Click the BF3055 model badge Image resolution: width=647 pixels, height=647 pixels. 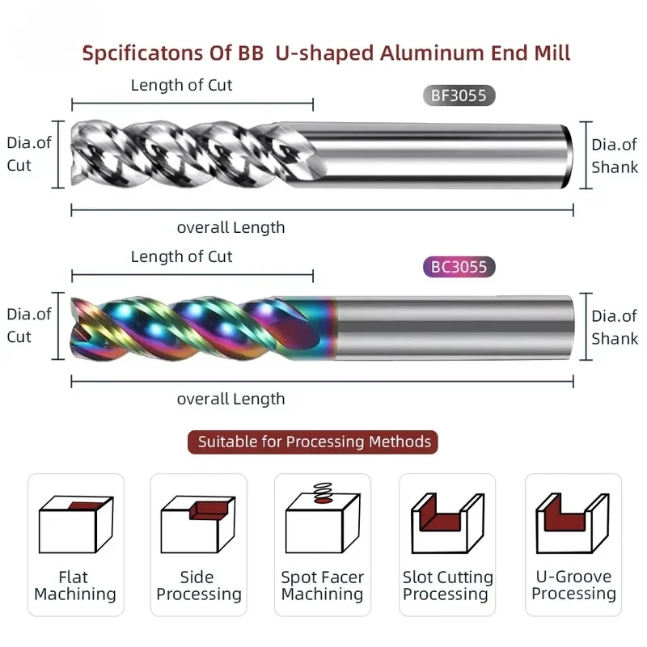pyautogui.click(x=459, y=95)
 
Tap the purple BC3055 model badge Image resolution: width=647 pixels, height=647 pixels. pyautogui.click(x=459, y=267)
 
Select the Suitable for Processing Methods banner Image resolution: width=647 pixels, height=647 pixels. pyautogui.click(x=313, y=442)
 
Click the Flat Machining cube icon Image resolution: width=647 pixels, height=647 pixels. pyautogui.click(x=76, y=524)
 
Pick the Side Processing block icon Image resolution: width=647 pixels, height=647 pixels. pyautogui.click(x=198, y=524)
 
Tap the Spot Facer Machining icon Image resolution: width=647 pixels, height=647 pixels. pyautogui.click(x=323, y=518)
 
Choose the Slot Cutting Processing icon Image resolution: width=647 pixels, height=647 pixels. pyautogui.click(x=448, y=523)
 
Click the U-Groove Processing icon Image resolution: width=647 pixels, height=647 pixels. pyautogui.click(x=573, y=523)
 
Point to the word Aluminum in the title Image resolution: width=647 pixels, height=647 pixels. pyautogui.click(x=432, y=53)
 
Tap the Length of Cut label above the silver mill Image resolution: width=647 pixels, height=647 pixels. pyautogui.click(x=181, y=86)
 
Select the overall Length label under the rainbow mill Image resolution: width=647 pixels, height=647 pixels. pyautogui.click(x=230, y=399)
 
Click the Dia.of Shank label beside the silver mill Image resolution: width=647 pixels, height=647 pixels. pyautogui.click(x=615, y=156)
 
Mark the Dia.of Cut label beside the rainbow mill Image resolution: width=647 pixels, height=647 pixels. pyautogui.click(x=29, y=326)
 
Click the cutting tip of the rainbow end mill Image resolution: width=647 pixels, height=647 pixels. pyautogui.click(x=74, y=328)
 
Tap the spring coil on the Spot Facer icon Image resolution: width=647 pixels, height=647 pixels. pyautogui.click(x=323, y=493)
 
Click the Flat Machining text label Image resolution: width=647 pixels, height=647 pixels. pyautogui.click(x=75, y=586)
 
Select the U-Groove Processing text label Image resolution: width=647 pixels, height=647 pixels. pyautogui.click(x=573, y=585)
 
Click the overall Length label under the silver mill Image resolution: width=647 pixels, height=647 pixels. pyautogui.click(x=230, y=227)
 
